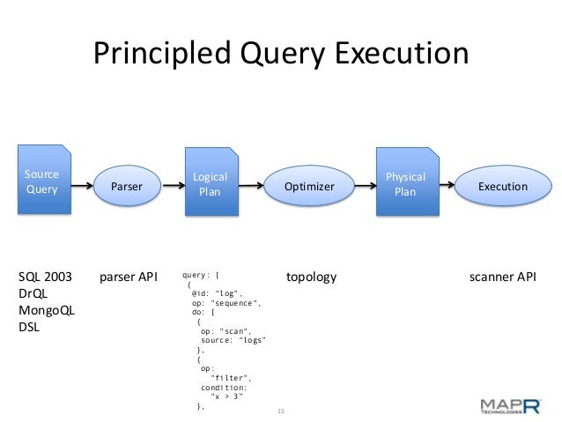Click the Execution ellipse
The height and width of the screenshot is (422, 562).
502,187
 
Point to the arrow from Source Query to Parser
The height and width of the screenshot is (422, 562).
83,187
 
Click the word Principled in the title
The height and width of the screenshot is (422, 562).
159,55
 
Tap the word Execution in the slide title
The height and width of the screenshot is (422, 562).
400,55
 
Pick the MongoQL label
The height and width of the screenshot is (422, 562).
47,311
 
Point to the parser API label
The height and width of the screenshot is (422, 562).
128,278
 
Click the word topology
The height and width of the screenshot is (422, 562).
312,278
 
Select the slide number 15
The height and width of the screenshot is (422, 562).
282,411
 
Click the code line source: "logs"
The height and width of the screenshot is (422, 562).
233,340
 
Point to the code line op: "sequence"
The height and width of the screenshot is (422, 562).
226,302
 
